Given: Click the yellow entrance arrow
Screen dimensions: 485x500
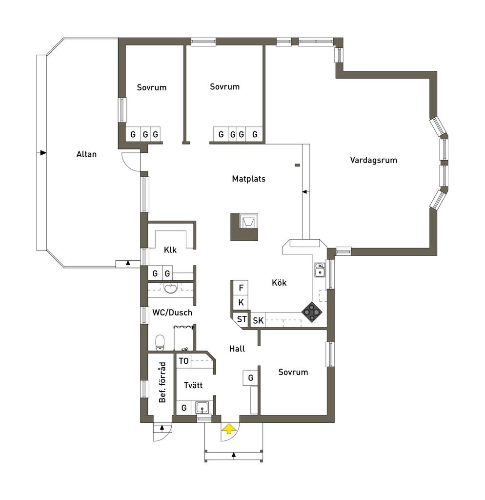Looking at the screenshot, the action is tap(229, 429).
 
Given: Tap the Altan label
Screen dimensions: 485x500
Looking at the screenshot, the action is tap(86, 154).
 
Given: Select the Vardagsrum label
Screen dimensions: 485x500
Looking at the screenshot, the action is tap(373, 160).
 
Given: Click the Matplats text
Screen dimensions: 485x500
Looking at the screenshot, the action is tap(248, 179).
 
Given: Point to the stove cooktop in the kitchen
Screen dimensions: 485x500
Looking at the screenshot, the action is tap(312, 312).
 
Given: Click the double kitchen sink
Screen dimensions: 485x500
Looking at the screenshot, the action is tap(320, 270).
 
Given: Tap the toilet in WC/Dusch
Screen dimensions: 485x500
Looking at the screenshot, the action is tap(160, 342).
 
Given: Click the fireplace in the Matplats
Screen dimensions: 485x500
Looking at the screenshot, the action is tap(244, 227).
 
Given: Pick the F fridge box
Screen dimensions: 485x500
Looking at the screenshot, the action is tap(241, 288).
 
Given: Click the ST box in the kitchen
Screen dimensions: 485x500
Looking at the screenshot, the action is tap(241, 319).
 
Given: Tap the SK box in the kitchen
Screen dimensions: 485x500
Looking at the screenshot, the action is tap(258, 320).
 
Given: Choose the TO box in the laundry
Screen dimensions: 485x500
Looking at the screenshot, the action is tap(183, 361).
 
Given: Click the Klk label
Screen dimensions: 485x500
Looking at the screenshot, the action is tap(170, 250).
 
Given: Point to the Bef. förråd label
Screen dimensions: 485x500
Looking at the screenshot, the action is tap(162, 382).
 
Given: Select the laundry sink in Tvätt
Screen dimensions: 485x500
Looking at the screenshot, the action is tap(202, 408).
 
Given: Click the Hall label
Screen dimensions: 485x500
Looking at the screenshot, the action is tap(237, 349).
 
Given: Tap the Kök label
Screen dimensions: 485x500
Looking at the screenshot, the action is tap(279, 283).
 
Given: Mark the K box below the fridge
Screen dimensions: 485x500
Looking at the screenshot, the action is tap(241, 303).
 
